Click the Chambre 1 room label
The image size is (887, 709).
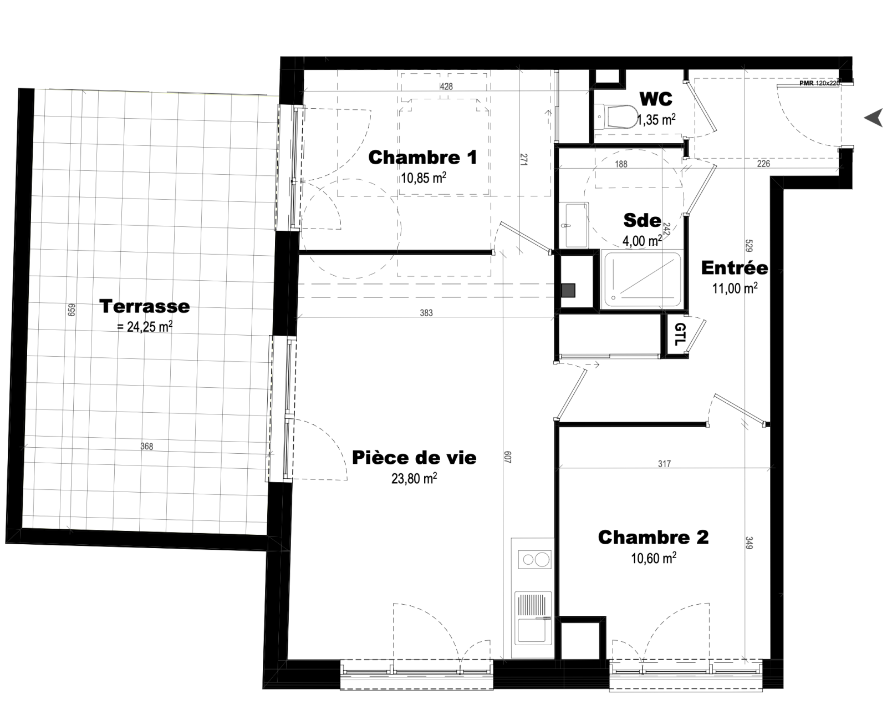point(422,158)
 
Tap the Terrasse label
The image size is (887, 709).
point(145,306)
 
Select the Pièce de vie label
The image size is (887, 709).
point(414,458)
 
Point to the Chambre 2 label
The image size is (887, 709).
point(653,538)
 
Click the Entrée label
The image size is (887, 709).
point(735,268)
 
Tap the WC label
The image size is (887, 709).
point(656,99)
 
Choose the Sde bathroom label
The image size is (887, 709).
point(642,221)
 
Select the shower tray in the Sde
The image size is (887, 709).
point(642,279)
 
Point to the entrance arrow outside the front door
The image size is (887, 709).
point(874,118)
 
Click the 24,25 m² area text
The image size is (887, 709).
point(145,327)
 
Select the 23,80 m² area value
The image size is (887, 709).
point(414,478)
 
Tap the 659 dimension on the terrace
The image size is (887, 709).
point(72,310)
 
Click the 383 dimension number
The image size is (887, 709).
point(426,313)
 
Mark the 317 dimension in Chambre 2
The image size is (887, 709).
point(665,464)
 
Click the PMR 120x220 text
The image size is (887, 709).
point(819,83)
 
